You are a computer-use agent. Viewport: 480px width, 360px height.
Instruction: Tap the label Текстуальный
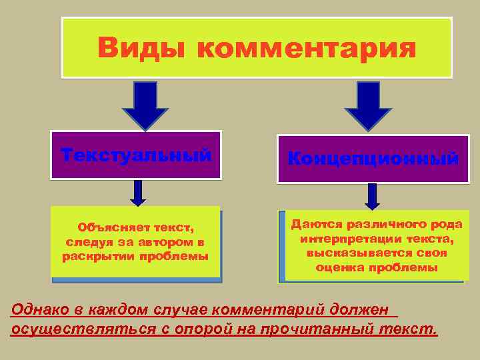point(136,155)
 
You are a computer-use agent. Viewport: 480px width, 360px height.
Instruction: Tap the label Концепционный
point(373,159)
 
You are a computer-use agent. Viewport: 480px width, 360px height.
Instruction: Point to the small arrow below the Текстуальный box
point(138,192)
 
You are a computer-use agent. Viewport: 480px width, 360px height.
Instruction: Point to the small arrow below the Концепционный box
point(373,196)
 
